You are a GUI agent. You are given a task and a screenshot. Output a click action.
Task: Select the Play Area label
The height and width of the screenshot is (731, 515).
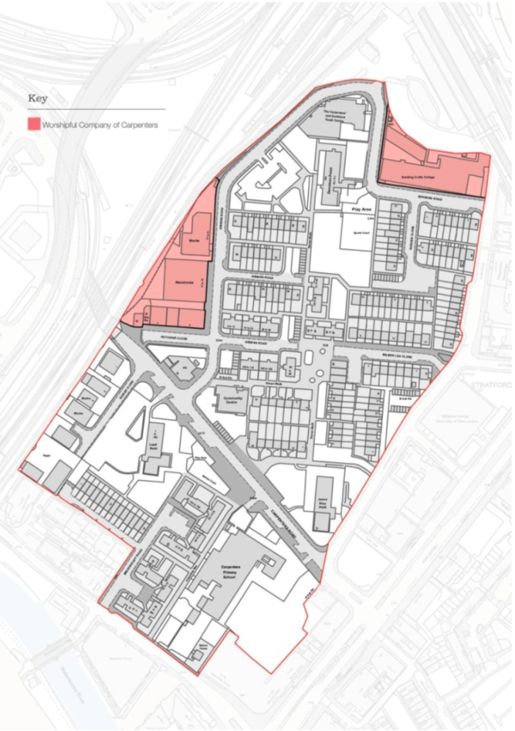[357, 209]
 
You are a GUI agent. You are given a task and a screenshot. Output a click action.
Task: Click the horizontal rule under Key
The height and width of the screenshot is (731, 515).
[96, 109]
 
